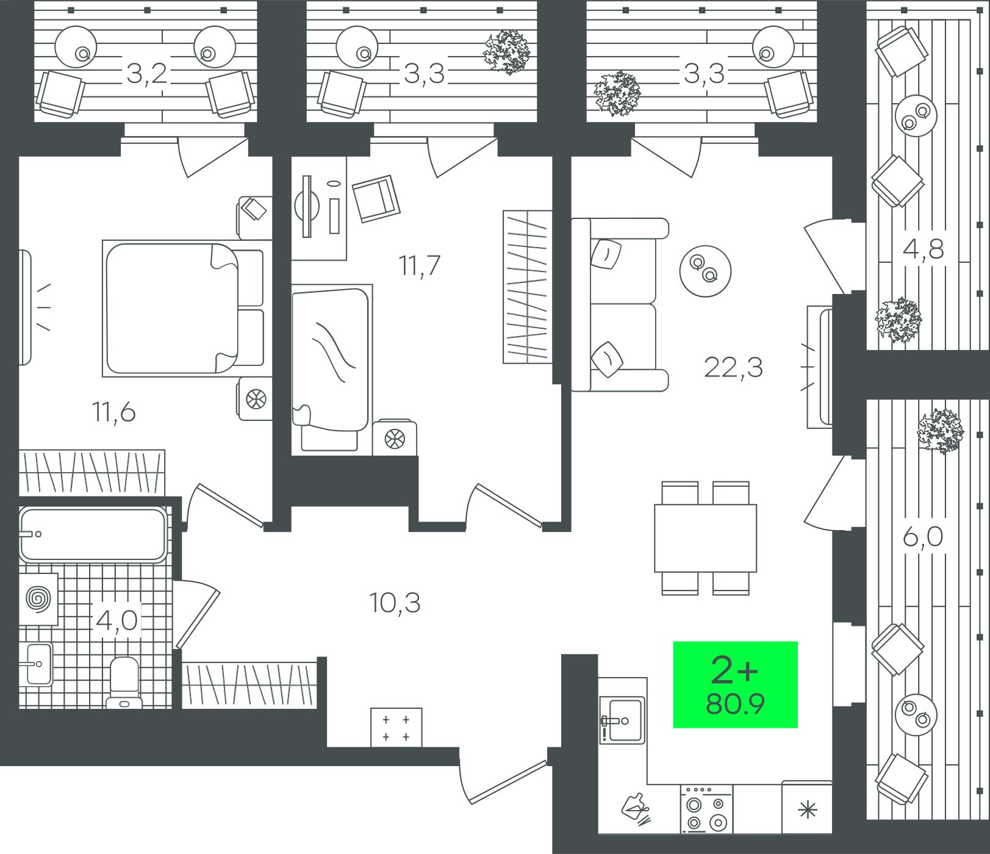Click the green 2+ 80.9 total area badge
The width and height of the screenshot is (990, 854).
[x=735, y=684]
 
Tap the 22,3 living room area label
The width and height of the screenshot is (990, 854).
[x=733, y=368]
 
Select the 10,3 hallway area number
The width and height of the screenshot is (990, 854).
[x=395, y=603]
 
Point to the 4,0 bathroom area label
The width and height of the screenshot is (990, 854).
[x=117, y=622]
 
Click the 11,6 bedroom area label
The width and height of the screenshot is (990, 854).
[x=113, y=413]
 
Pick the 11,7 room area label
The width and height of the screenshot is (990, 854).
[x=419, y=266]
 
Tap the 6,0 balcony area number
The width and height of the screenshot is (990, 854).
[x=922, y=537]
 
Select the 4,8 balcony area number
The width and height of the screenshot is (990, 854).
[x=922, y=249]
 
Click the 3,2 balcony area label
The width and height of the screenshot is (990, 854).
[x=147, y=75]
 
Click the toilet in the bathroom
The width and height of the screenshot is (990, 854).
[x=125, y=683]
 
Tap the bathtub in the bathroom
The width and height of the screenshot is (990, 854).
[x=93, y=534]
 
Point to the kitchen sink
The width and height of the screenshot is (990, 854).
[x=622, y=720]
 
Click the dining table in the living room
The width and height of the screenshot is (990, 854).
[x=705, y=538]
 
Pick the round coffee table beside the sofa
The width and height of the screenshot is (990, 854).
[x=705, y=270]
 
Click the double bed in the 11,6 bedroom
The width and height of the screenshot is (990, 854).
[x=183, y=309]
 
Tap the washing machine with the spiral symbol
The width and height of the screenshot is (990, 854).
[x=38, y=599]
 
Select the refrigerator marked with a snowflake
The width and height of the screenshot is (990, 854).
[x=807, y=807]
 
